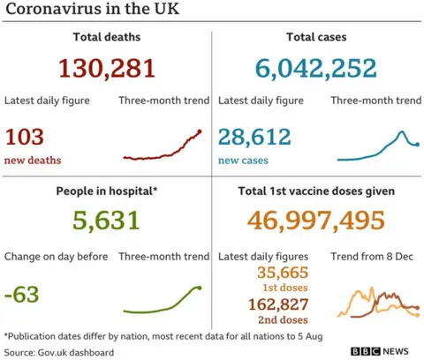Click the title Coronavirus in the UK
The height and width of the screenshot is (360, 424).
85,13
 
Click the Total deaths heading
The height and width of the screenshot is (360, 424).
106,37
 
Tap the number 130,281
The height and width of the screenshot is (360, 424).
106,68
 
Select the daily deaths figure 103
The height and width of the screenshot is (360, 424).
25,138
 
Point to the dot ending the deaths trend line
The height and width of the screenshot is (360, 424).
201,131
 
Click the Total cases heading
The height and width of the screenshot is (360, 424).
316,37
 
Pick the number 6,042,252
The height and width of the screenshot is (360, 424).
316,68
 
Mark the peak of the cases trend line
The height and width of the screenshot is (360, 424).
401,132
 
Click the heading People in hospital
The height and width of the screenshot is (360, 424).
106,191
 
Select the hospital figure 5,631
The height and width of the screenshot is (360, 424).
106,221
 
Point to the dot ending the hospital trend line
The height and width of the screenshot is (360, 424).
200,288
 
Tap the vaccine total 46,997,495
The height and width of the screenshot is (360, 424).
316,221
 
